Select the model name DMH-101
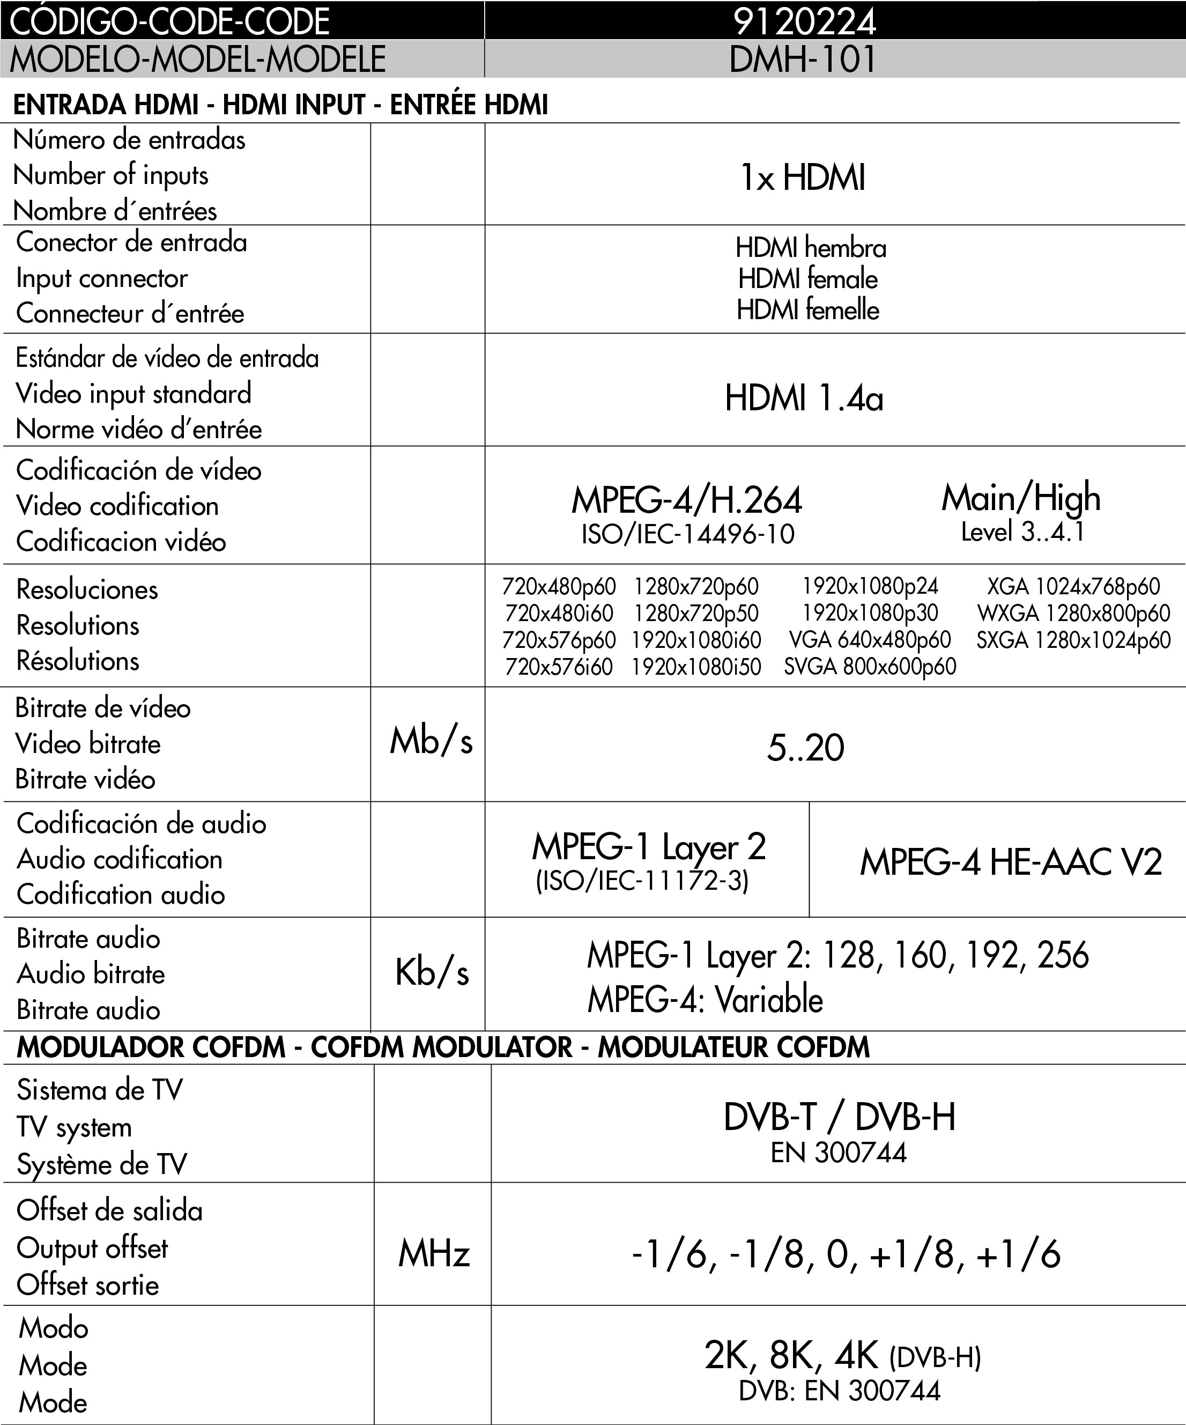click(803, 59)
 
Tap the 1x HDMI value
click(803, 178)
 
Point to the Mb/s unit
click(431, 741)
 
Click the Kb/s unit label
click(432, 972)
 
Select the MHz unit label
click(434, 1253)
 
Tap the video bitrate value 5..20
click(805, 748)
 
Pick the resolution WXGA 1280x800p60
click(1073, 614)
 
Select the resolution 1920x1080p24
click(870, 586)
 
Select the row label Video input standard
click(134, 394)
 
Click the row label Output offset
click(92, 1248)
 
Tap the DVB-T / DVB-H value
click(839, 1117)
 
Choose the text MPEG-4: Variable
click(705, 1000)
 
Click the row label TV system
click(75, 1127)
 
